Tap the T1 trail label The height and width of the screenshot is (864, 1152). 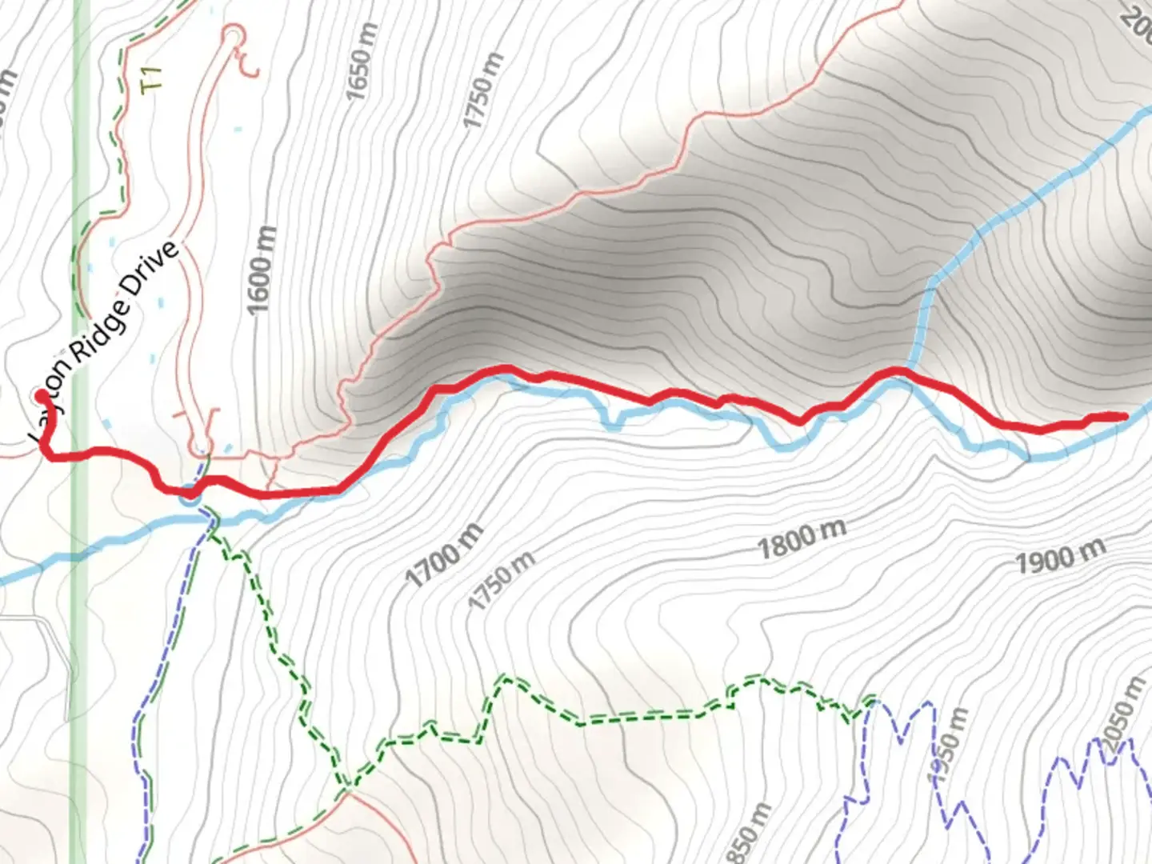[x=151, y=79]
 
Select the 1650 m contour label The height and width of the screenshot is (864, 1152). [x=361, y=73]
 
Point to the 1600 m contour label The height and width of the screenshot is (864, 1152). [x=262, y=270]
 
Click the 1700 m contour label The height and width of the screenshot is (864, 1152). [x=445, y=554]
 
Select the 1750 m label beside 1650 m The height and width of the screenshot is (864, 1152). [x=484, y=90]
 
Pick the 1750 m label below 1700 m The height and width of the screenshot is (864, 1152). [x=502, y=580]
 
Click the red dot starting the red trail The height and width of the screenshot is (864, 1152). [x=40, y=395]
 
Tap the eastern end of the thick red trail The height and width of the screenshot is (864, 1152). [x=1124, y=416]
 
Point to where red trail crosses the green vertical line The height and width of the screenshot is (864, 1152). [x=80, y=454]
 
